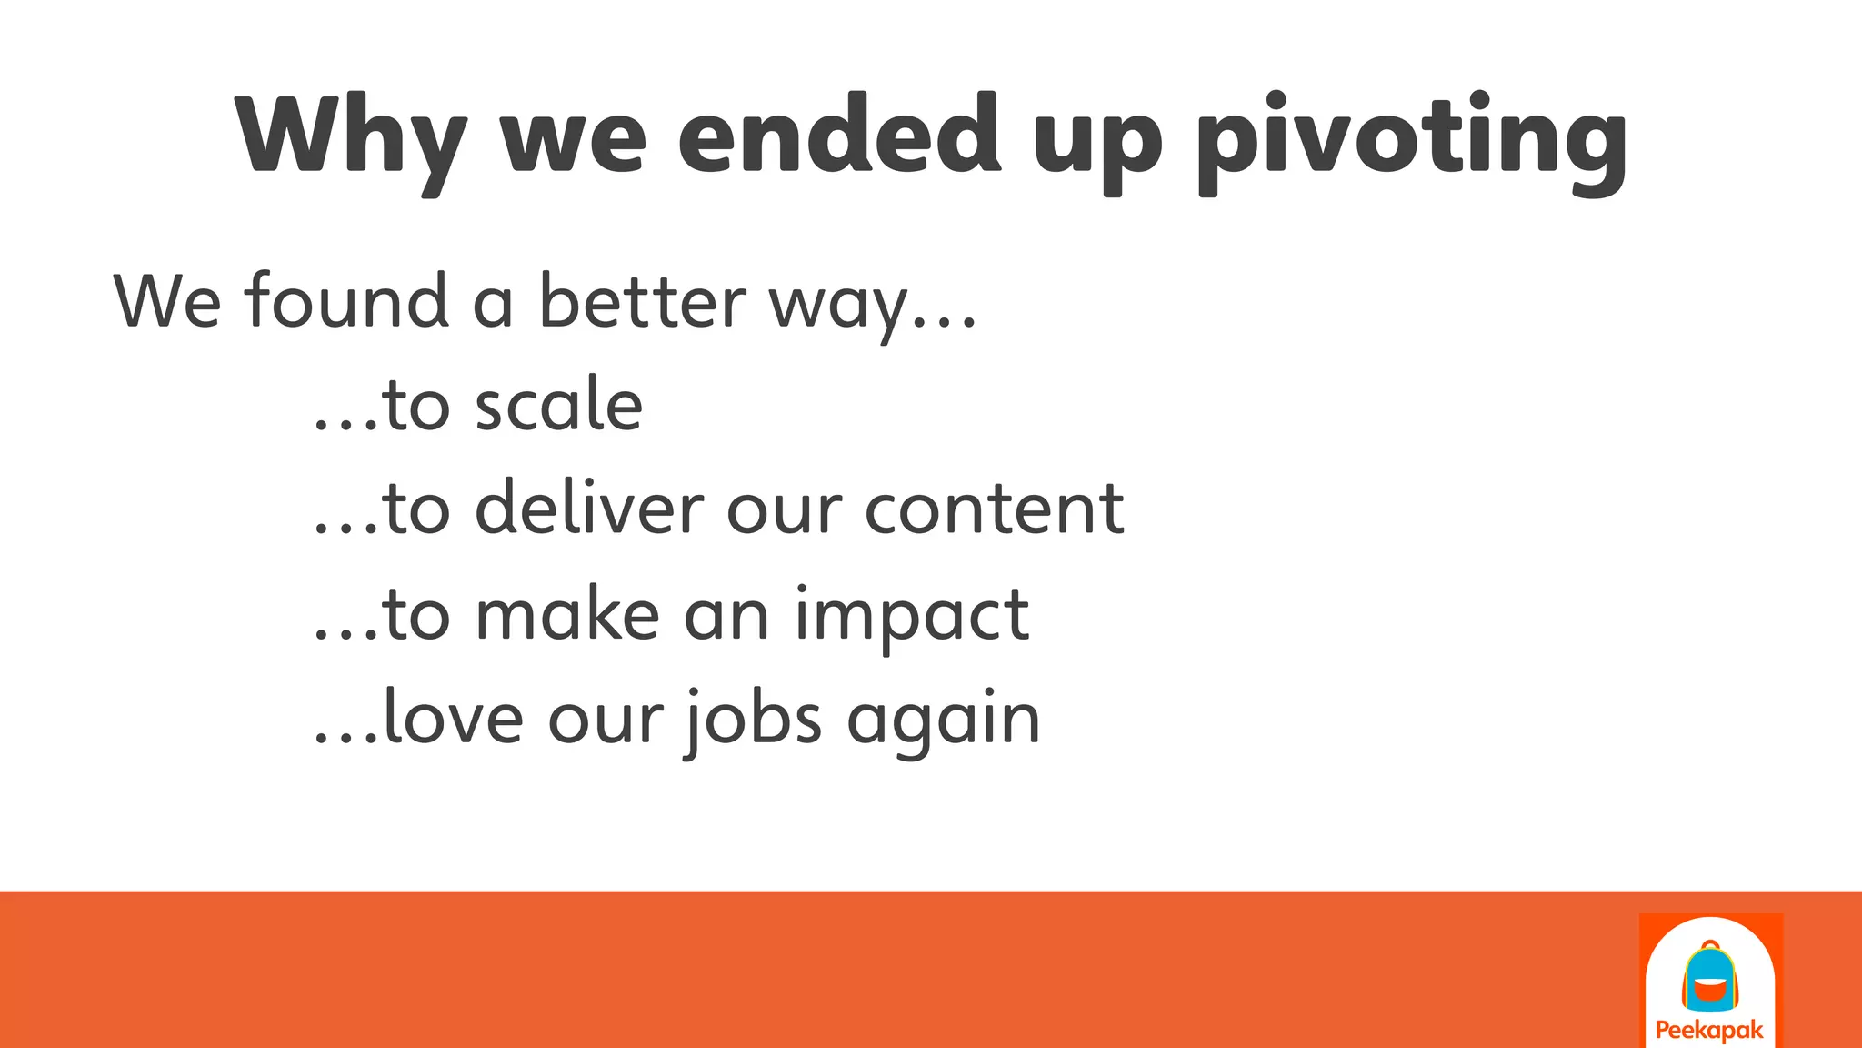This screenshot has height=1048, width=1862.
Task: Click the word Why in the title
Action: pyautogui.click(x=350, y=136)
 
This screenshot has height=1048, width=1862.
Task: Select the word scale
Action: pyautogui.click(x=559, y=405)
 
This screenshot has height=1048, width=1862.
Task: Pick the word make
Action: pyautogui.click(x=567, y=614)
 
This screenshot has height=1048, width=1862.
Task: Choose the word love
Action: pyautogui.click(x=454, y=718)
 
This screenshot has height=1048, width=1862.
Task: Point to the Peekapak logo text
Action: pyautogui.click(x=1709, y=1031)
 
